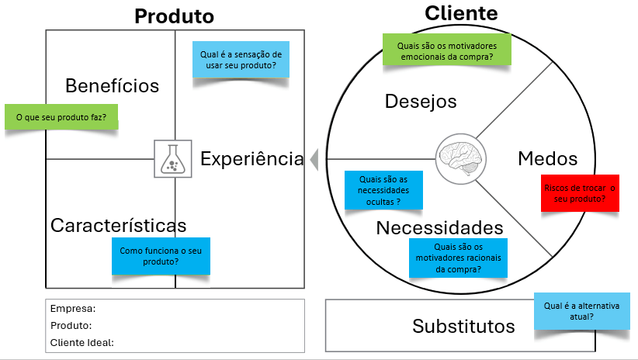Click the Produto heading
point(174,16)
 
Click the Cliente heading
point(461,13)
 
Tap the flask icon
point(173,158)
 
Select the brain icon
point(460,158)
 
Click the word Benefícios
point(112,86)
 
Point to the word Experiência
point(252,158)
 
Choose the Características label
point(119,225)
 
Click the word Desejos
point(421,102)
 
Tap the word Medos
point(548,158)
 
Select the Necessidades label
point(439,228)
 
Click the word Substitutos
point(463,326)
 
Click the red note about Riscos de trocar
point(580,193)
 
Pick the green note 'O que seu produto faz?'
point(61,116)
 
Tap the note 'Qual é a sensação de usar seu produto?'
point(241,60)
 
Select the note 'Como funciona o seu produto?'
point(161,256)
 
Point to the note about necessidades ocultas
point(383,190)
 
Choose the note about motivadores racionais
point(458,258)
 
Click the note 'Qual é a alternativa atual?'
point(582,311)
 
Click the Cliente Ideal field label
point(81,342)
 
